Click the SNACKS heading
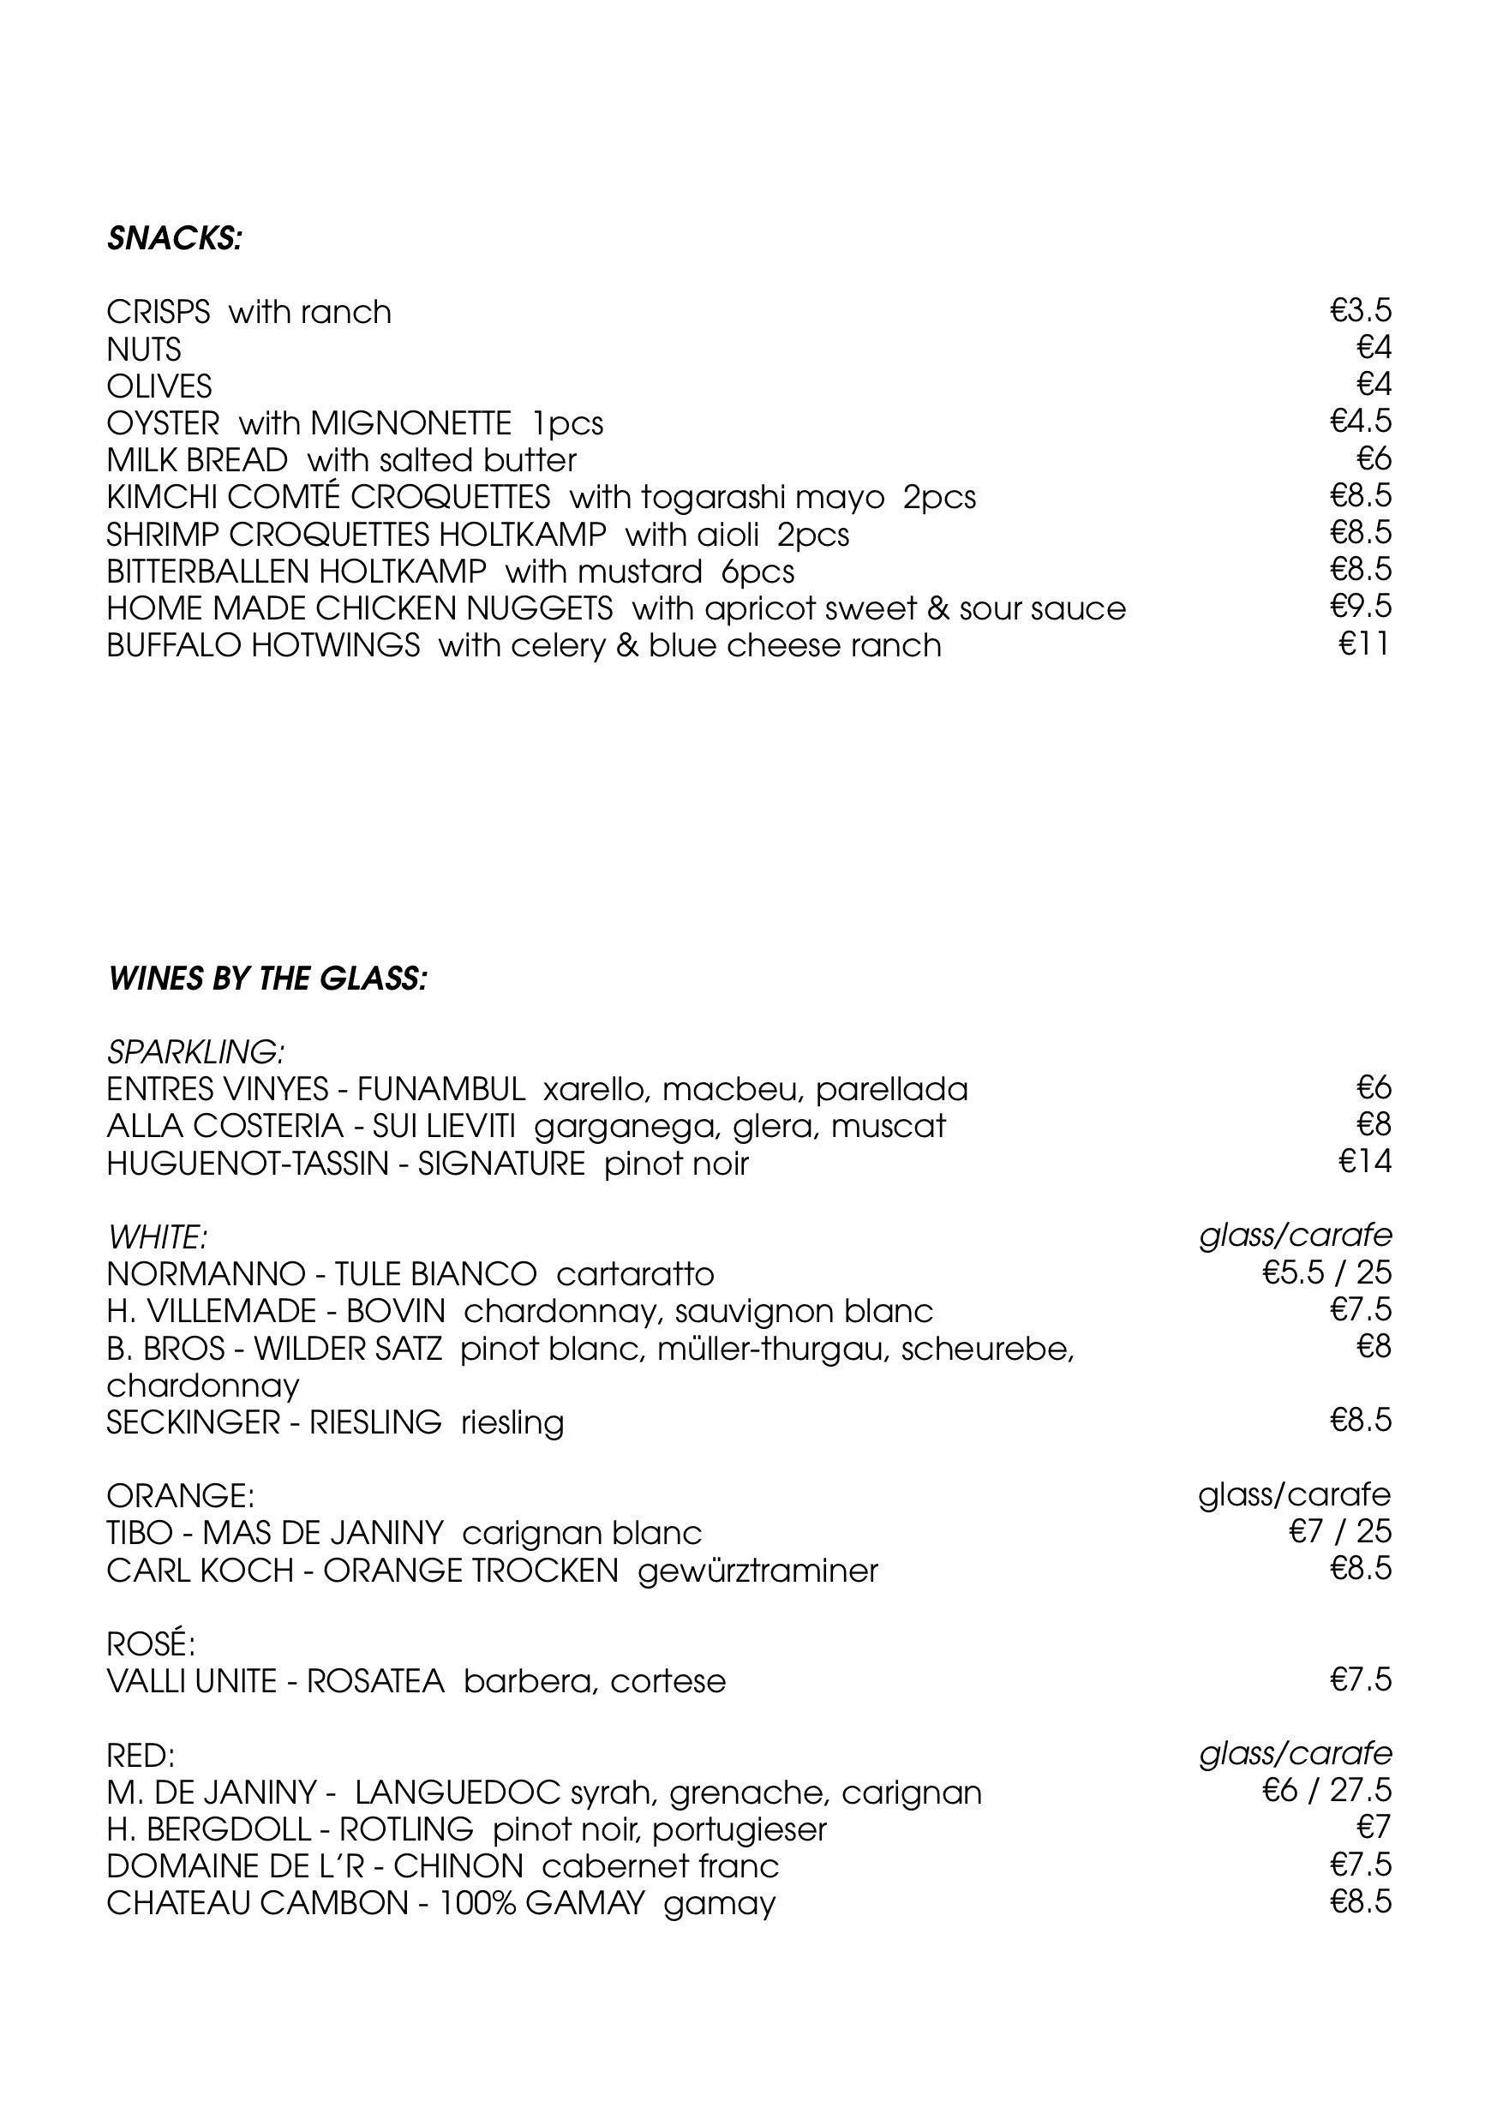pyautogui.click(x=174, y=239)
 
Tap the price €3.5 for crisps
pyautogui.click(x=1360, y=311)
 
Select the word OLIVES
pyautogui.click(x=159, y=386)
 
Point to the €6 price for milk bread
pyautogui.click(x=1374, y=459)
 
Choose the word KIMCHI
pyautogui.click(x=161, y=497)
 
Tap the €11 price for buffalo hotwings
pyautogui.click(x=1364, y=644)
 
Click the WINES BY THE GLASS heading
pyautogui.click(x=267, y=979)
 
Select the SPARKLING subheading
pyautogui.click(x=195, y=1052)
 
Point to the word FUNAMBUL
pyautogui.click(x=440, y=1089)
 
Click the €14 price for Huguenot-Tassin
pyautogui.click(x=1364, y=1162)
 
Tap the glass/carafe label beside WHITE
pyautogui.click(x=1295, y=1236)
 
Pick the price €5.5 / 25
pyautogui.click(x=1326, y=1273)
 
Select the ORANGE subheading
pyautogui.click(x=181, y=1496)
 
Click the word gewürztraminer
pyautogui.click(x=757, y=1571)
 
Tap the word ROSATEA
pyautogui.click(x=374, y=1681)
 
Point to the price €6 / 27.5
pyautogui.click(x=1326, y=1791)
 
